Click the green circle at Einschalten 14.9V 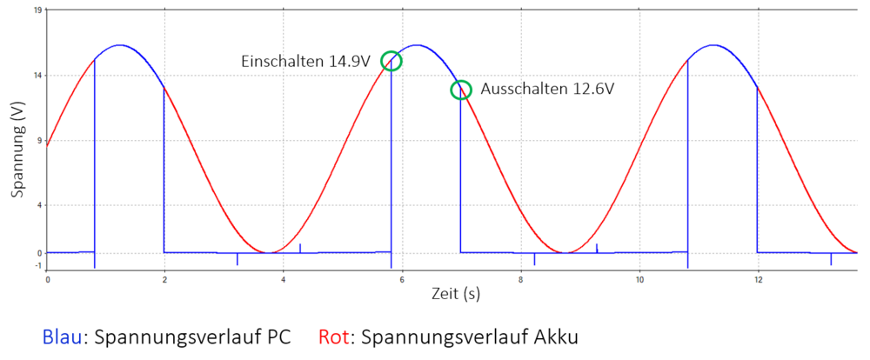coord(391,61)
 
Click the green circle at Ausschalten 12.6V coord(460,90)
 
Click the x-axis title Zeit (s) coord(456,294)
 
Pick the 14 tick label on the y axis coord(37,76)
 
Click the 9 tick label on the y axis coord(39,140)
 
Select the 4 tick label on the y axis coord(39,205)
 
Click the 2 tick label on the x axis coord(165,280)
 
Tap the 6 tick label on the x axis coord(402,280)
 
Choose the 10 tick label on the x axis coord(639,280)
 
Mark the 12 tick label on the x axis coord(758,280)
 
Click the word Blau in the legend coord(63,337)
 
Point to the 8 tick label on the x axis coord(520,280)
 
